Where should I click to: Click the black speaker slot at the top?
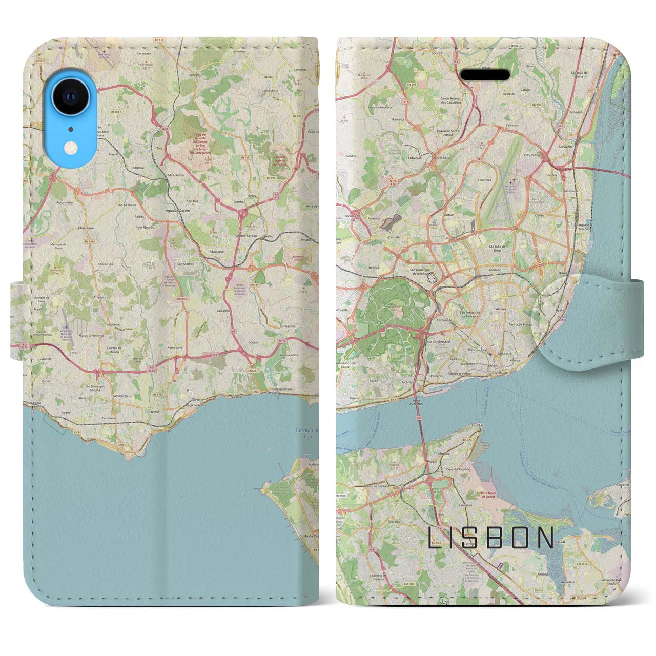(x=485, y=75)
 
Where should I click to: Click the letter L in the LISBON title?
(x=433, y=538)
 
